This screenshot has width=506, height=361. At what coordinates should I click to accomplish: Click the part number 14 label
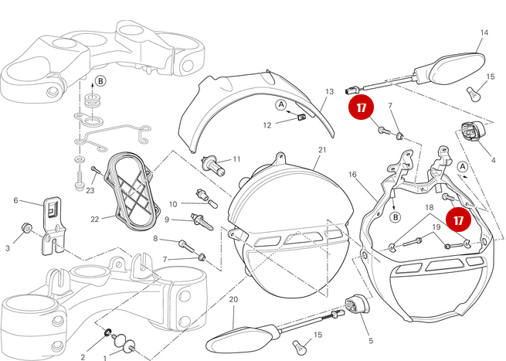(x=484, y=32)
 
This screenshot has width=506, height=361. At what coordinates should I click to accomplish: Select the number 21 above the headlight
(x=322, y=150)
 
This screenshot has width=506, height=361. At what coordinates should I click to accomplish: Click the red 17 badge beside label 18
(x=458, y=220)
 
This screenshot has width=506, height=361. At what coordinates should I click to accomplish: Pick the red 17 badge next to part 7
(x=361, y=109)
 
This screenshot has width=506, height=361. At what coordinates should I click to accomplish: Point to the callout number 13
(x=328, y=91)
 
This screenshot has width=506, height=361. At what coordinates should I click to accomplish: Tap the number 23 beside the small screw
(x=90, y=190)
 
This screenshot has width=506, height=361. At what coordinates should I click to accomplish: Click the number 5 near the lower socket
(x=370, y=341)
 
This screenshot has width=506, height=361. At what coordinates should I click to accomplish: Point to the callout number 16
(x=353, y=175)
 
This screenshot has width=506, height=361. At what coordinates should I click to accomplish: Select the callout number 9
(x=166, y=220)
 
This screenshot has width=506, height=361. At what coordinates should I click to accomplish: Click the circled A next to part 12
(x=281, y=104)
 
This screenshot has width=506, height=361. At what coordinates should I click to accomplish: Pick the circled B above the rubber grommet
(x=100, y=80)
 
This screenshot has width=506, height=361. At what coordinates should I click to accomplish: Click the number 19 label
(x=435, y=227)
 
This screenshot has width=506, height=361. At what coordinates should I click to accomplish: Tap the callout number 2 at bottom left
(x=83, y=356)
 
